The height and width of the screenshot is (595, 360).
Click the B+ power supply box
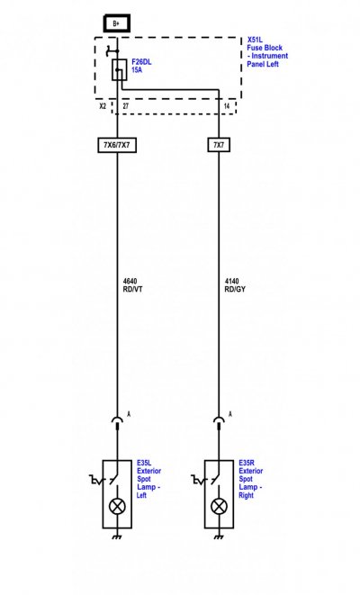click(x=117, y=23)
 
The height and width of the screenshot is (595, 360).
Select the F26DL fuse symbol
click(x=119, y=69)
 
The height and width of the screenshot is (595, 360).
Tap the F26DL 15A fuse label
click(x=141, y=66)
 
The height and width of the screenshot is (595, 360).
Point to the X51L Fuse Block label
click(x=267, y=51)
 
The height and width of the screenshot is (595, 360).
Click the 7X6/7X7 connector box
click(x=117, y=145)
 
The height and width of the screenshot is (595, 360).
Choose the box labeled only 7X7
click(x=219, y=145)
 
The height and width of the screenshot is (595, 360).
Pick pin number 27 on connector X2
click(x=126, y=106)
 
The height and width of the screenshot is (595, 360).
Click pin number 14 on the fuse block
click(x=227, y=106)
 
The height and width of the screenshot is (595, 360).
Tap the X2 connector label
click(x=103, y=106)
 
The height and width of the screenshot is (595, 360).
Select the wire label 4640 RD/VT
click(x=133, y=285)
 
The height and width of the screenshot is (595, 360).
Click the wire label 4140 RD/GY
click(x=235, y=285)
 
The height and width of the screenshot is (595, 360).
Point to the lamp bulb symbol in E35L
click(x=117, y=506)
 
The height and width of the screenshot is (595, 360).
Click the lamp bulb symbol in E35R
click(x=219, y=506)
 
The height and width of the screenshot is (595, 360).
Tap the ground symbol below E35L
click(x=117, y=536)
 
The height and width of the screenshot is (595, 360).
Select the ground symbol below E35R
click(x=219, y=536)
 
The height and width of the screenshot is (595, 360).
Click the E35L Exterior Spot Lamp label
click(x=148, y=479)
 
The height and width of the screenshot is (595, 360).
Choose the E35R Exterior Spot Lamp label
click(x=250, y=479)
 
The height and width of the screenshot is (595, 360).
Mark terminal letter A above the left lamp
click(x=129, y=414)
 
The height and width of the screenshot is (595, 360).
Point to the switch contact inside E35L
click(x=113, y=479)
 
